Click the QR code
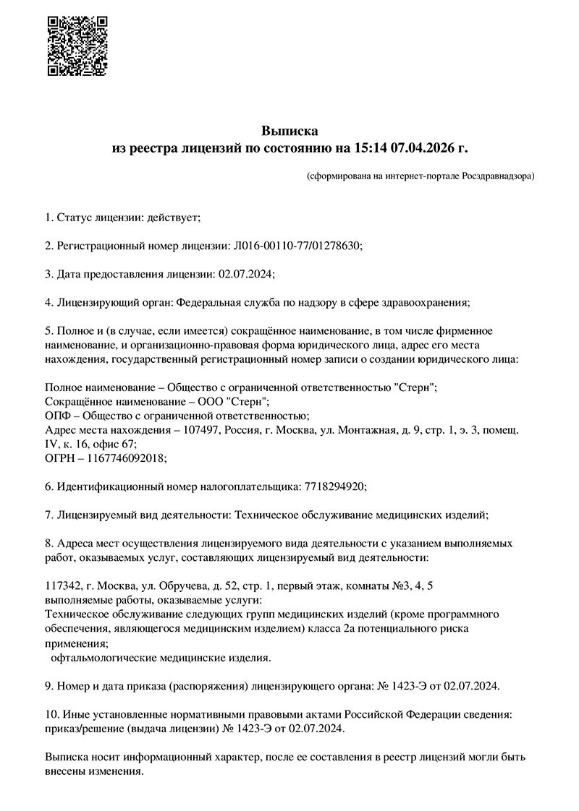pyautogui.click(x=77, y=46)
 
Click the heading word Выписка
pyautogui.click(x=289, y=131)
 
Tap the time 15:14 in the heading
pyautogui.click(x=371, y=149)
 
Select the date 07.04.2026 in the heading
pyautogui.click(x=423, y=149)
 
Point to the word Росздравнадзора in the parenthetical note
pyautogui.click(x=495, y=176)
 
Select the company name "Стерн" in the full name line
pyautogui.click(x=417, y=387)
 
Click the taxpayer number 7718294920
pyautogui.click(x=332, y=486)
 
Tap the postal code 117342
pyautogui.click(x=62, y=586)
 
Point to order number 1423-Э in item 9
pyautogui.click(x=415, y=685)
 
